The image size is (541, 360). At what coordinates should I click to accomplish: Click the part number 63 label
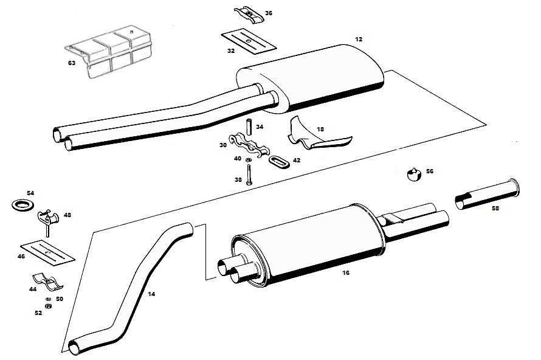click(x=71, y=63)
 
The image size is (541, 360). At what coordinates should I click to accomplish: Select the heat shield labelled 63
click(x=109, y=54)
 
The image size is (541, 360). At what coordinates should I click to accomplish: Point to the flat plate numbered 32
click(x=249, y=42)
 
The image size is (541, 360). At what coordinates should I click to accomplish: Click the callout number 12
click(x=359, y=40)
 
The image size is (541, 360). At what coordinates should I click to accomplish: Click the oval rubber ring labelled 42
click(x=279, y=162)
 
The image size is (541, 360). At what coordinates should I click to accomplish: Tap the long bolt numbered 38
click(x=249, y=175)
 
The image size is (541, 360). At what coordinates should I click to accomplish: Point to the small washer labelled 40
click(x=248, y=160)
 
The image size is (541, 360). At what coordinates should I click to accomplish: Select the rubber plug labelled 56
click(x=415, y=174)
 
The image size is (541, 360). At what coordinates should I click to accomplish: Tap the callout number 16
click(x=346, y=273)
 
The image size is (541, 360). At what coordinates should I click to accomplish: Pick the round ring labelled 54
click(x=22, y=205)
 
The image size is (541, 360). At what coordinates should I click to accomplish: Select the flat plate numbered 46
click(x=47, y=254)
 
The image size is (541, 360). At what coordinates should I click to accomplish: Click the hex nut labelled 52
click(x=48, y=306)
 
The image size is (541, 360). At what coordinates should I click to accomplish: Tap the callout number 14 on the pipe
click(x=151, y=294)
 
